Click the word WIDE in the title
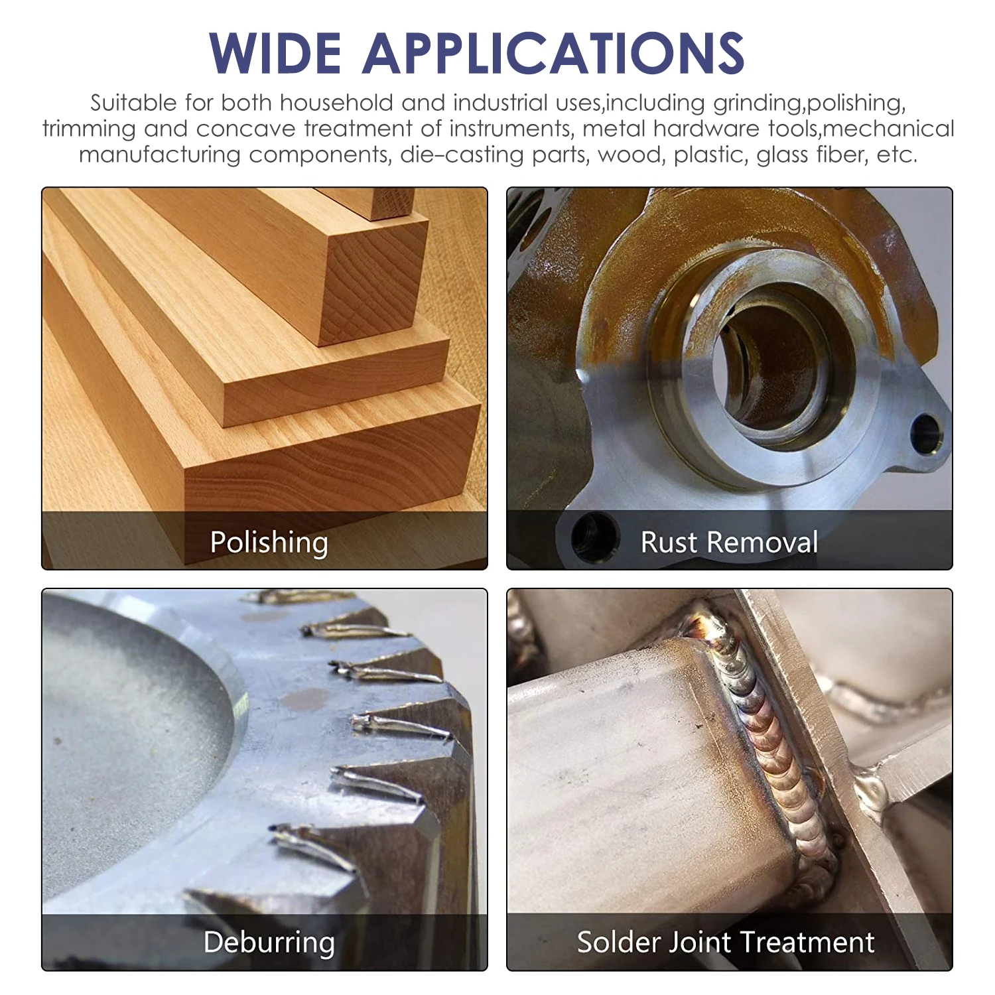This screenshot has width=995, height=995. click(x=275, y=53)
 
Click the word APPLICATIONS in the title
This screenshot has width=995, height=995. click(x=554, y=53)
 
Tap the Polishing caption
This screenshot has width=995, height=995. click(x=269, y=543)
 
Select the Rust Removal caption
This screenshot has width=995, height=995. click(x=729, y=543)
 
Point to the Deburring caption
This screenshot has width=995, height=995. click(x=269, y=943)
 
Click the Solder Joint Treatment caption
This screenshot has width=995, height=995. click(x=726, y=943)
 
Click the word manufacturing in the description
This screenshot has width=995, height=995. click(x=160, y=155)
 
